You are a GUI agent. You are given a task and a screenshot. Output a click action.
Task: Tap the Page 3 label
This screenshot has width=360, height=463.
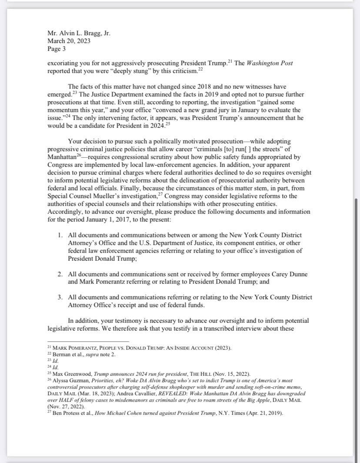(x=57, y=49)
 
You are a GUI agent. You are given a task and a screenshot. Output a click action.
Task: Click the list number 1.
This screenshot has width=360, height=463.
(x=60, y=235)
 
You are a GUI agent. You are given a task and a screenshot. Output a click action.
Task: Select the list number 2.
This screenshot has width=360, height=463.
(x=60, y=274)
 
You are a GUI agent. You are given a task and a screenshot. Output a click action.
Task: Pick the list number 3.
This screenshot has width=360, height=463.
(x=60, y=297)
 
